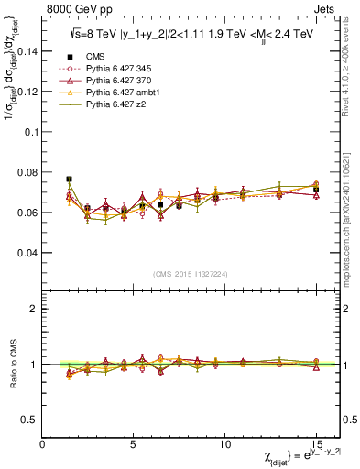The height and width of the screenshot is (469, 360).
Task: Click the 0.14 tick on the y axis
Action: coord(27,51)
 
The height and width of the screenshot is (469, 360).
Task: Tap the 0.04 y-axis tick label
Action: coord(27,252)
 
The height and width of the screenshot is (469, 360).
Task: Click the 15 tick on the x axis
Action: coord(315,444)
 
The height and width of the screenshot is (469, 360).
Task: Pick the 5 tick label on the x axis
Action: coord(134,444)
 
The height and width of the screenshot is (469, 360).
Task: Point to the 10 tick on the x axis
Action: coord(224,444)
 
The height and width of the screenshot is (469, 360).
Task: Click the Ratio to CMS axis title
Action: coord(12,364)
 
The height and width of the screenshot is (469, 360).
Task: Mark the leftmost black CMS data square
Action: coord(70,180)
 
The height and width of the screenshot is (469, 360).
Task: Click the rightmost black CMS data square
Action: coord(316,190)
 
